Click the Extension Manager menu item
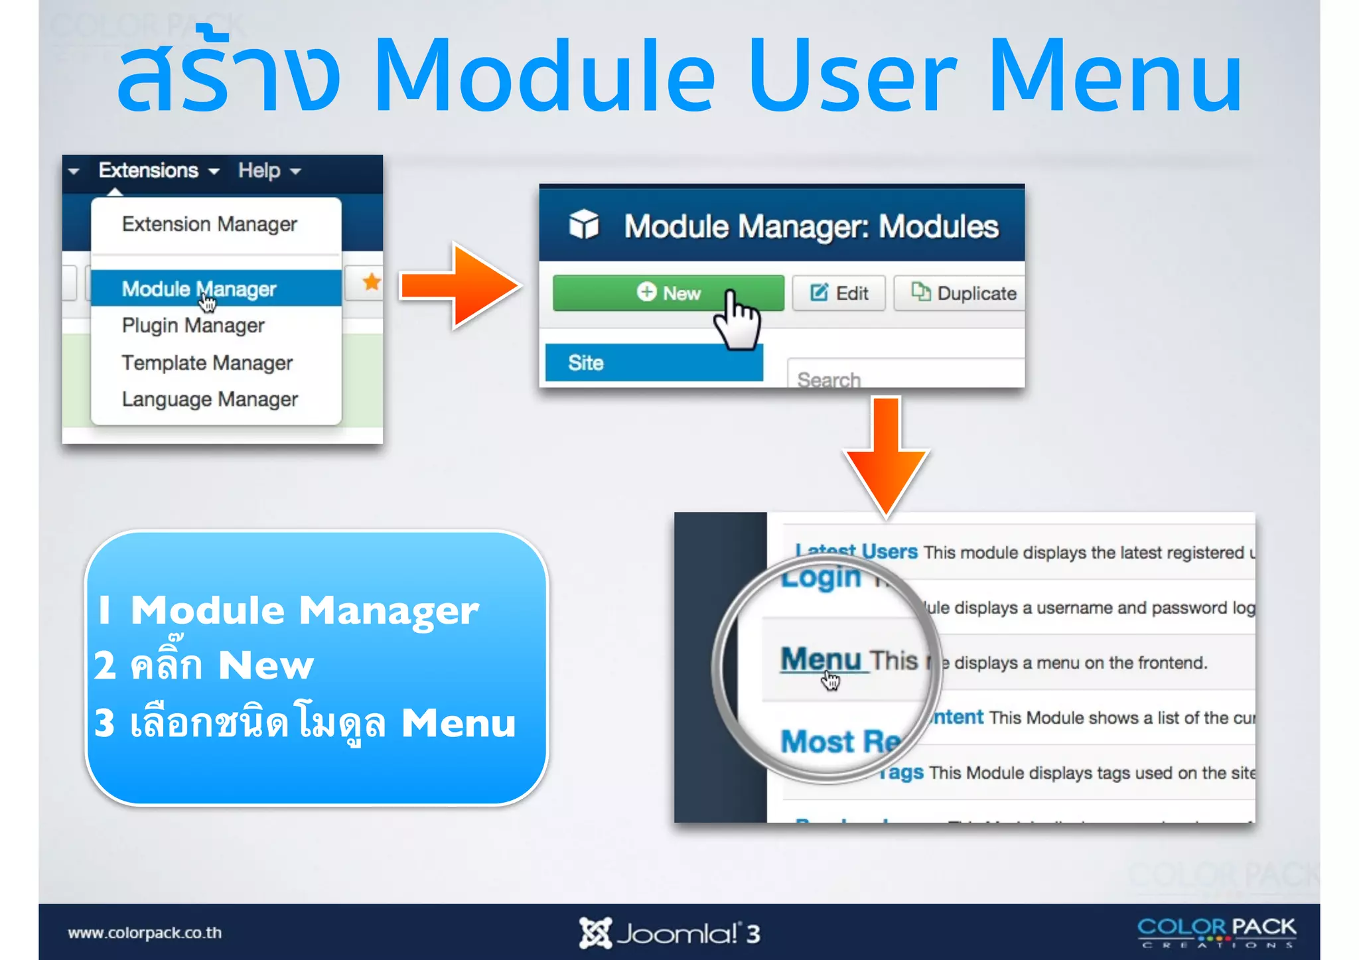209,224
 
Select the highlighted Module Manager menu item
198,289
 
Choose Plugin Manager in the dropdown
193,325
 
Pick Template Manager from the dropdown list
207,362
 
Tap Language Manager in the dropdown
210,399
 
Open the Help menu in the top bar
269,171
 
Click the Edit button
839,293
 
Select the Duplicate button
964,293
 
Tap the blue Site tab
654,362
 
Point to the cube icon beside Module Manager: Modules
584,225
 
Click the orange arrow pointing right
459,286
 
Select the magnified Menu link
821,659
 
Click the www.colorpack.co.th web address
145,933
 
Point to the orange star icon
372,282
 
